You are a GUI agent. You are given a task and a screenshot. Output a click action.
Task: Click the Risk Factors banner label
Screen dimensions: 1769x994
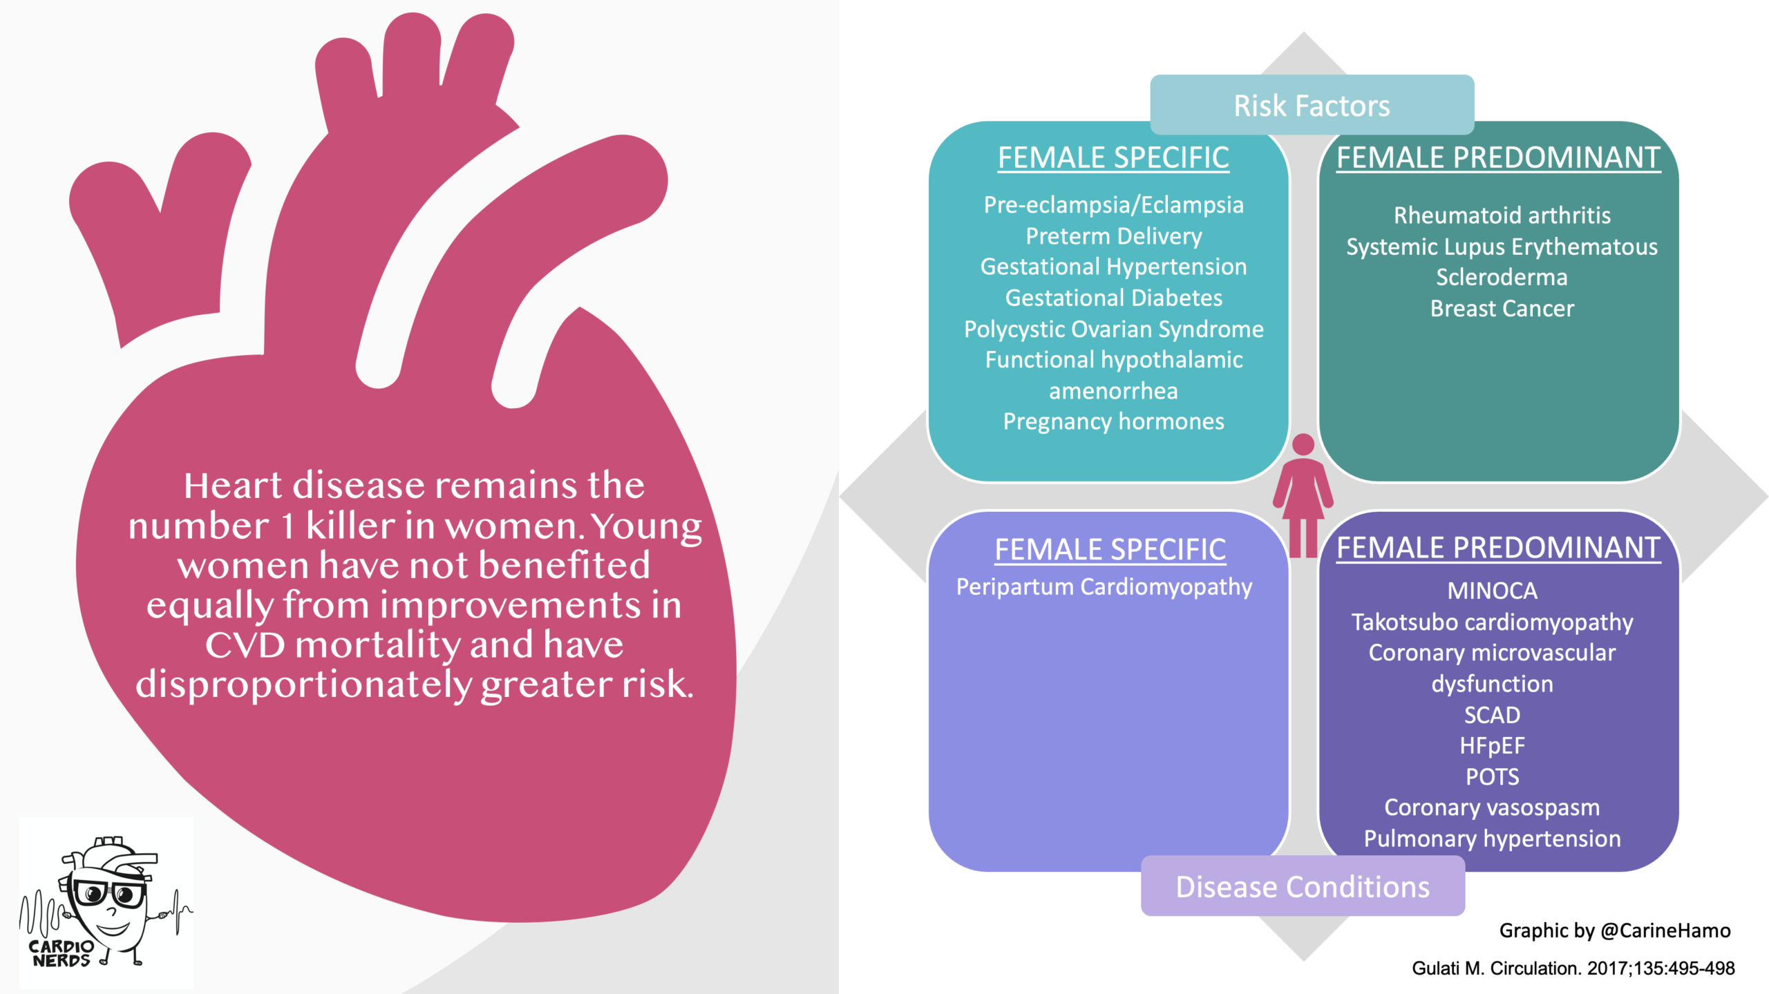1312,106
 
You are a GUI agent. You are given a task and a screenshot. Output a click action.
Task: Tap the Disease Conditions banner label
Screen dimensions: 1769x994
1303,887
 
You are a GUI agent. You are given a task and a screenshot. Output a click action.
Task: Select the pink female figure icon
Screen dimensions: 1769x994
1303,495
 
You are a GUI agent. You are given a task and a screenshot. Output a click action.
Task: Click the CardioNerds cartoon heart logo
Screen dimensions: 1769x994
106,901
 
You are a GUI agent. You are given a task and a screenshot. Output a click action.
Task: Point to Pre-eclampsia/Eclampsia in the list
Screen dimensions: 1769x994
1113,205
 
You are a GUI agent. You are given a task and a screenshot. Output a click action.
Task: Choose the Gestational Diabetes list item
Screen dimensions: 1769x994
1113,298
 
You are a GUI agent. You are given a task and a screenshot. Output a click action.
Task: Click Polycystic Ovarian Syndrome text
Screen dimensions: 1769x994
1113,329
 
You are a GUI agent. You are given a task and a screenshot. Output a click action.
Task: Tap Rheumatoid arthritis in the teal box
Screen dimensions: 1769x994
1502,216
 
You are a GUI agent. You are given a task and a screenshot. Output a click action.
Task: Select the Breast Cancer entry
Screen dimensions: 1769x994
1502,308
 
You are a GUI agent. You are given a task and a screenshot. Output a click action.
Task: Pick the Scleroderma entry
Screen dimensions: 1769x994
1502,277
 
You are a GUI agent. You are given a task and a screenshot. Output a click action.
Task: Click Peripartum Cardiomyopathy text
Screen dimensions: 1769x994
1104,587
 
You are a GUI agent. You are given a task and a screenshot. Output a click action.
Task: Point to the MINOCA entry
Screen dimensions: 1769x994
1492,591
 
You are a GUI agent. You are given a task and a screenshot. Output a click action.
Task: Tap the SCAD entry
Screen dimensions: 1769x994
1492,715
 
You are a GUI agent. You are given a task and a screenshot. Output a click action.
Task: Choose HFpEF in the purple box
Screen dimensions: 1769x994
1492,746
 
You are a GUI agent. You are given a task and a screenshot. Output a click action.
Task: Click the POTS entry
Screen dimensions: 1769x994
1492,776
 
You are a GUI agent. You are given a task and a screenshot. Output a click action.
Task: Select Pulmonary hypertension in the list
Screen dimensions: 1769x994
1492,839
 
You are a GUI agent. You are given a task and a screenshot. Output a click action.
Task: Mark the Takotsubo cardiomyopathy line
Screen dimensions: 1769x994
1492,622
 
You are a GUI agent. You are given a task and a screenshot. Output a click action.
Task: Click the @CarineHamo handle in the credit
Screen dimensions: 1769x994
1665,930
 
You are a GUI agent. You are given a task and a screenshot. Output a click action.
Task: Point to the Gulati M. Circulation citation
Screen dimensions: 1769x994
1573,968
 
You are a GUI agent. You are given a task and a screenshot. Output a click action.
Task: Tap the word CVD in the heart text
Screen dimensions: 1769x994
245,645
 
